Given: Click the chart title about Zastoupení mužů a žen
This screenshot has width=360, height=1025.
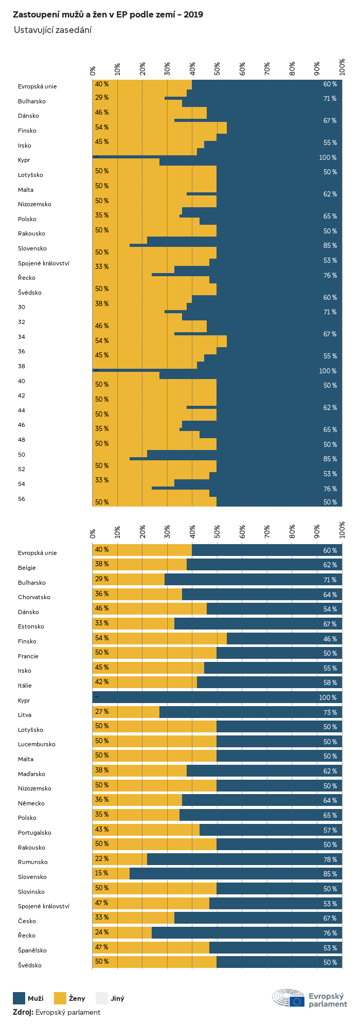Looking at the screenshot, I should pos(107,14).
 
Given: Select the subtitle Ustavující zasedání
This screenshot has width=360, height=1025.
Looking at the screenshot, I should pos(52,30).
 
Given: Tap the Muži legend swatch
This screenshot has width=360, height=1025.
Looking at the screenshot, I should pos(19,998).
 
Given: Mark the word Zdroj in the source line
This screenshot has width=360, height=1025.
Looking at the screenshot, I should pos(23,1012).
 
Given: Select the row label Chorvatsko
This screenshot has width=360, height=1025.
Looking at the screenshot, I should pos(34,597).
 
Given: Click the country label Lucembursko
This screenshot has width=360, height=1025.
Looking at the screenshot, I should pos(37,744).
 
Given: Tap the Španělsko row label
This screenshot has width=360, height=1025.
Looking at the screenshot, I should pos(32,950).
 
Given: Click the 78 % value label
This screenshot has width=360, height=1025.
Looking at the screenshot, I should pos(330,859).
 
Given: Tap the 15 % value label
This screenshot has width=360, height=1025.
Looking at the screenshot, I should pos(102,873).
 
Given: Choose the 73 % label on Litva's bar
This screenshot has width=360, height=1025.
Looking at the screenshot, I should pos(330,712).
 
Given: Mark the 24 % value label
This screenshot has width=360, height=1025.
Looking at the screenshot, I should pos(102,932).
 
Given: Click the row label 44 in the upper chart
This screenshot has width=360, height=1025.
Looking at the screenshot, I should pos(22,410).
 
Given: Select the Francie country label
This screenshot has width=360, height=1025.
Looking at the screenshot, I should pos(28,656).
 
